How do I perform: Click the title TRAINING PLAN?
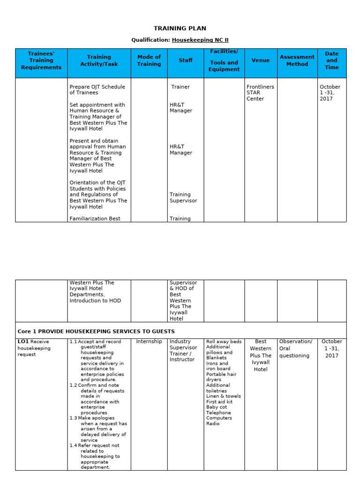click(180, 29)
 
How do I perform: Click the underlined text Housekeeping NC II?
click(200, 40)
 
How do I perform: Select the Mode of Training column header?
click(149, 60)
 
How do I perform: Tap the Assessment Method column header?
click(297, 60)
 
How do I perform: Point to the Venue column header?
click(261, 60)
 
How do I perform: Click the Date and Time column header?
click(332, 60)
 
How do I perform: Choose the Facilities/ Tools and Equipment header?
click(224, 60)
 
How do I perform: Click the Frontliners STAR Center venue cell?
click(260, 93)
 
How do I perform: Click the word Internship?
click(149, 342)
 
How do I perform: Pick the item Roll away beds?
click(224, 342)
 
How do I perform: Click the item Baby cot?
click(216, 407)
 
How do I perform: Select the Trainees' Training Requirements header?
click(41, 60)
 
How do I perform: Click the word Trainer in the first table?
click(180, 87)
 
